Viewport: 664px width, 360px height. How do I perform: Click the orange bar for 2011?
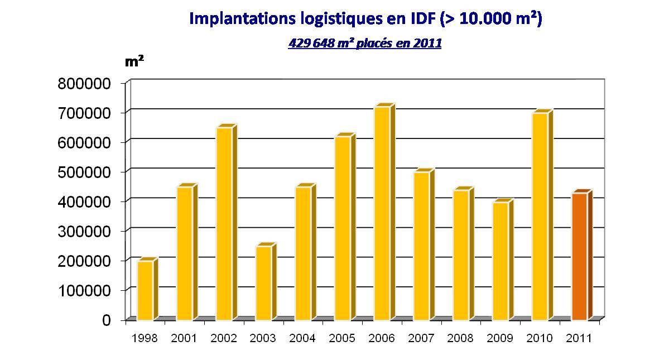(579, 257)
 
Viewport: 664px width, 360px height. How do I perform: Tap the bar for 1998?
(145, 290)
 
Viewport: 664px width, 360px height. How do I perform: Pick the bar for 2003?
(263, 283)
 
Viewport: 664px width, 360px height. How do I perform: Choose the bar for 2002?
(224, 224)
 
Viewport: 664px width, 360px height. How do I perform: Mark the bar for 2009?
(500, 261)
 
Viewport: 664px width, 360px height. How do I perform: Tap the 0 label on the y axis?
(107, 320)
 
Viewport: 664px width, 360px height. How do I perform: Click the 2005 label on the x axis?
(342, 338)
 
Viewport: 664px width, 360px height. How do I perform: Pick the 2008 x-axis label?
(461, 338)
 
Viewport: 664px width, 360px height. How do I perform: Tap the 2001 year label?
(184, 338)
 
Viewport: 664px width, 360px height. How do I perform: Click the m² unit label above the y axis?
(134, 61)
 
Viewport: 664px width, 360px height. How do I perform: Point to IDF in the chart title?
(420, 18)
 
